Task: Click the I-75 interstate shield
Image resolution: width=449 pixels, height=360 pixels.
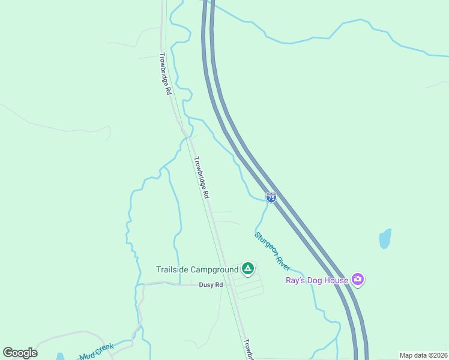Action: click(x=271, y=197)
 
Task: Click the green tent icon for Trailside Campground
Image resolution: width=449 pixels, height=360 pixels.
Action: click(x=247, y=268)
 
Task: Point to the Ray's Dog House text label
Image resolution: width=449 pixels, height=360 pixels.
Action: click(x=316, y=280)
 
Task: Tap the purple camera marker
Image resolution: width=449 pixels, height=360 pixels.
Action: click(x=358, y=279)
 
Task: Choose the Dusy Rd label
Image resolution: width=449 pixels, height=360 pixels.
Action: click(x=211, y=285)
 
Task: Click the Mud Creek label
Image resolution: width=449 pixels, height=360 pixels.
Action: click(x=96, y=352)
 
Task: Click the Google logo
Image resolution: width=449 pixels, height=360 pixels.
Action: click(x=20, y=353)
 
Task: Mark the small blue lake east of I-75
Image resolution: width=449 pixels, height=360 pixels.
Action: click(x=385, y=239)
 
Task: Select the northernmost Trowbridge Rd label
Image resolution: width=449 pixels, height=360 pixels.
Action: click(x=166, y=74)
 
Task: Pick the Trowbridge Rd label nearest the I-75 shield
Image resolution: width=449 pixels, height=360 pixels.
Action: click(x=201, y=178)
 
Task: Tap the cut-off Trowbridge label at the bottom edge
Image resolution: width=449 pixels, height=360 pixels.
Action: click(x=248, y=350)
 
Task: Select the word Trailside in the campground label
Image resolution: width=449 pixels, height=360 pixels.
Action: click(x=172, y=269)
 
